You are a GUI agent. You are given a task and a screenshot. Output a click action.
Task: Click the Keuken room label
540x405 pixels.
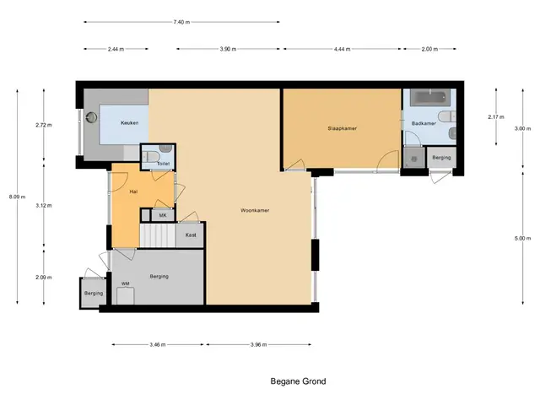click(129, 123)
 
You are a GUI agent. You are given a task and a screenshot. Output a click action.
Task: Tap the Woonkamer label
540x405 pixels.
click(255, 210)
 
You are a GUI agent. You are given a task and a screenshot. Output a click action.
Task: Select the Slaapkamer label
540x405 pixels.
click(342, 128)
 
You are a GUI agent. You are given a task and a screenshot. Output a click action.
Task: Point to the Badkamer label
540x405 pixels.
click(424, 123)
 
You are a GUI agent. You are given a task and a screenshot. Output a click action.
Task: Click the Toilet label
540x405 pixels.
click(163, 164)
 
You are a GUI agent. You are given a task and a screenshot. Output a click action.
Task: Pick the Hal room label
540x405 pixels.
click(133, 192)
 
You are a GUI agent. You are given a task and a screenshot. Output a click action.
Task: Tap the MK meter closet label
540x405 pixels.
click(163, 216)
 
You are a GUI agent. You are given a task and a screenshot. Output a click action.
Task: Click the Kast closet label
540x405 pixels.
click(191, 235)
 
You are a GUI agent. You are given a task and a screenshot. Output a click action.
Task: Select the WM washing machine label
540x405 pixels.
click(126, 283)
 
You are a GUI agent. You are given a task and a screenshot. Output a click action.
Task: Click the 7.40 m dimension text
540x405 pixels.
click(181, 22)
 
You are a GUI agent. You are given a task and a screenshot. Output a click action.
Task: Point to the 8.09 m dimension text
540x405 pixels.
click(17, 197)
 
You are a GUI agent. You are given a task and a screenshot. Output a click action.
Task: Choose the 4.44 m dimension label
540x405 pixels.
click(342, 49)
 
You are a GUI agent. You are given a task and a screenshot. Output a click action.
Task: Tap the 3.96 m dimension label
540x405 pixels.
click(259, 344)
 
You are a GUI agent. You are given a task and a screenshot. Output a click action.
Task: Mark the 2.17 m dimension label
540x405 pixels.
click(496, 117)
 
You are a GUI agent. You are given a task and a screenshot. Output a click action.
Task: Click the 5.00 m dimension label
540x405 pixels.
click(523, 238)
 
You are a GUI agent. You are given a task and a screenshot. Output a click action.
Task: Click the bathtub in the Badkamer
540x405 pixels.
click(430, 97)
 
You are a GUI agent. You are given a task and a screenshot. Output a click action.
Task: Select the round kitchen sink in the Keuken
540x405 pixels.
click(92, 117)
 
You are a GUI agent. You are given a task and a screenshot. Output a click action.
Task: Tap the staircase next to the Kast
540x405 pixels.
click(158, 235)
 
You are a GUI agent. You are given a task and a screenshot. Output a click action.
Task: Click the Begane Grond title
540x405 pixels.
click(298, 381)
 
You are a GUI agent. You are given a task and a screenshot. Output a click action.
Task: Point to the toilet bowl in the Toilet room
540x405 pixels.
click(152, 157)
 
